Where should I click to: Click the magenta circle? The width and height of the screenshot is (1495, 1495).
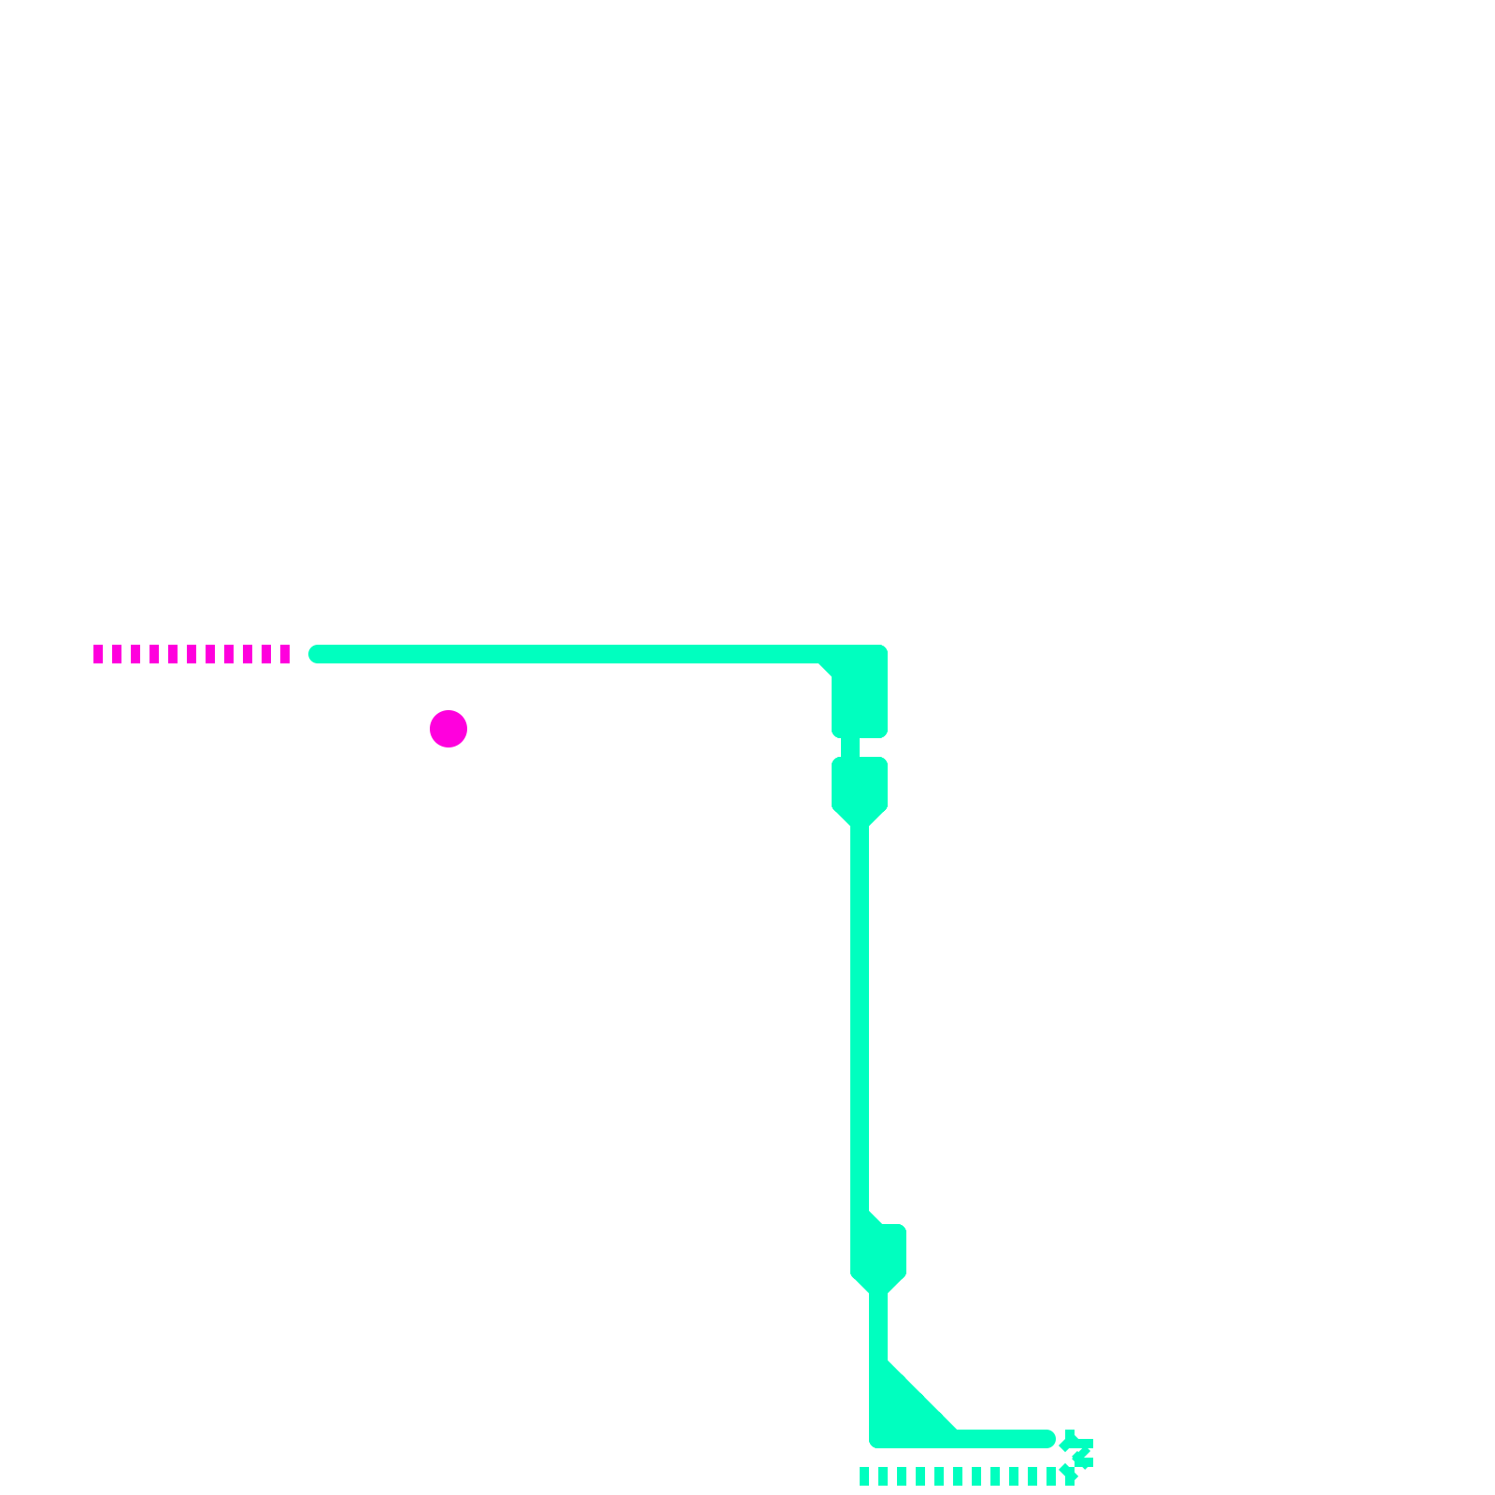coord(448,729)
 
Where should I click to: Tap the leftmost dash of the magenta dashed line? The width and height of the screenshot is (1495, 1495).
coord(98,654)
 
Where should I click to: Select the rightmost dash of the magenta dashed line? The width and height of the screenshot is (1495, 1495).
coord(285,654)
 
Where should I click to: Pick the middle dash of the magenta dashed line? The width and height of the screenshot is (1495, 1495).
coord(192,654)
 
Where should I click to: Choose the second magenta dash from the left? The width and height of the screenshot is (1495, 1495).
coord(117,654)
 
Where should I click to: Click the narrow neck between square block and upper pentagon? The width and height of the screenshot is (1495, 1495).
coord(850,747)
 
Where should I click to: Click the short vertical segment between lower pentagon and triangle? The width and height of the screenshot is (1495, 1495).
coord(878,1327)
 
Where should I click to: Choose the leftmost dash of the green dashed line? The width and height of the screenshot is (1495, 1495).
coord(864,1476)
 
